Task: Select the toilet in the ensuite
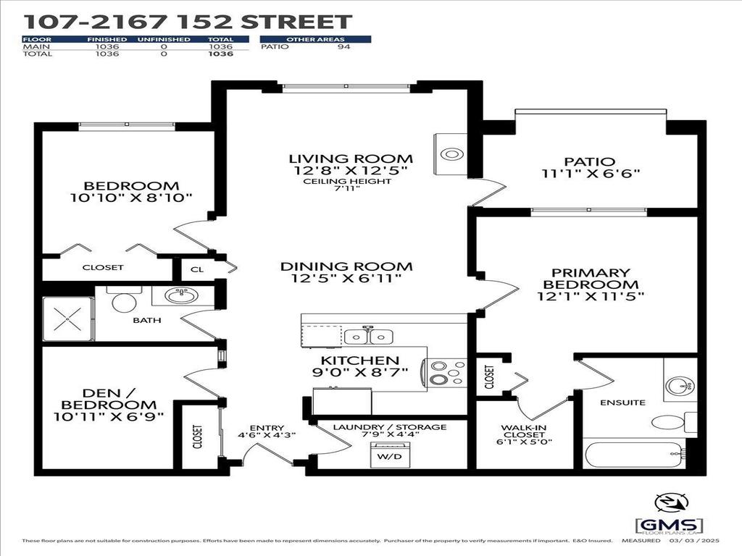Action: coord(665,422)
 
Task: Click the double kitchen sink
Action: coord(368,337)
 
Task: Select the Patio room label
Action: coord(589,161)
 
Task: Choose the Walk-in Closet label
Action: coord(525,432)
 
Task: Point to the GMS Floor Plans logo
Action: coord(668,525)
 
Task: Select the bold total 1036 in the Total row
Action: coord(220,54)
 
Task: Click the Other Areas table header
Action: coord(315,39)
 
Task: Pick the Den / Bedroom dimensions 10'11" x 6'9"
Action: coord(108,416)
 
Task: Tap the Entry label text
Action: coord(267,428)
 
